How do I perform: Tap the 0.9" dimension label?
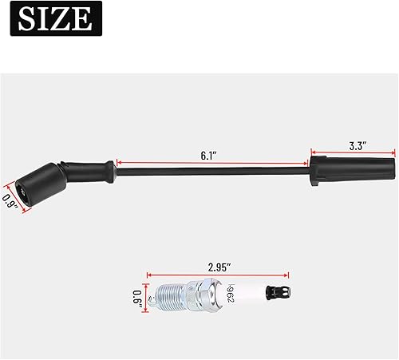coord(10,194)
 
